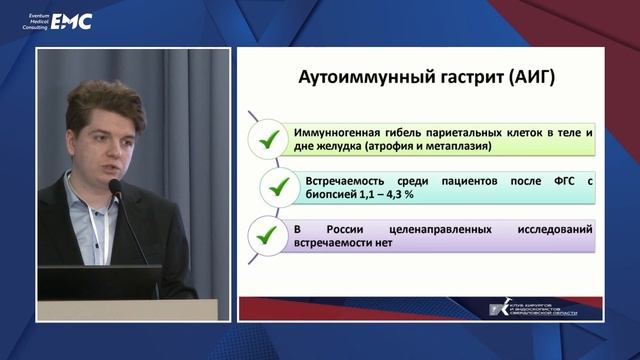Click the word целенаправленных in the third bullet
click(420, 230)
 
